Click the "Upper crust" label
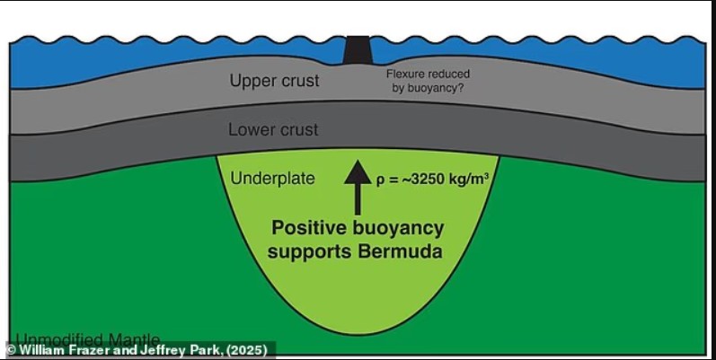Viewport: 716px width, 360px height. pyautogui.click(x=274, y=81)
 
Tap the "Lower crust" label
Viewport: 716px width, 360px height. pyautogui.click(x=273, y=129)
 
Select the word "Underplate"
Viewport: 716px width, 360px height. pyautogui.click(x=273, y=178)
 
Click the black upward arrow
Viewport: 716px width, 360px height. pyautogui.click(x=358, y=184)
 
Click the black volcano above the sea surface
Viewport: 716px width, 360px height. pyautogui.click(x=358, y=48)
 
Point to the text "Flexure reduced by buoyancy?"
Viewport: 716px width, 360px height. pyautogui.click(x=428, y=81)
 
